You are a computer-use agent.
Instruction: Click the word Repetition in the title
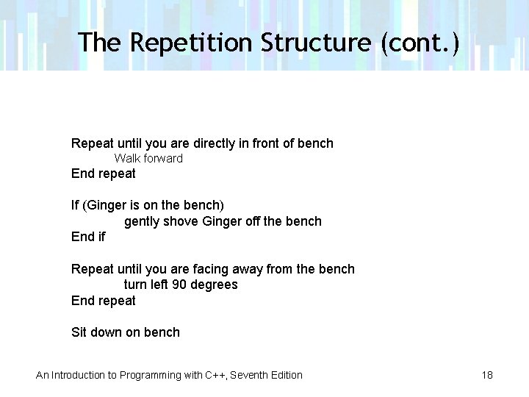click(191, 43)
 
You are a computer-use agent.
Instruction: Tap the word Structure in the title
click(317, 43)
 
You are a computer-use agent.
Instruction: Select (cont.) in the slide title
click(420, 43)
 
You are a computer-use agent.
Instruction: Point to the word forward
click(163, 158)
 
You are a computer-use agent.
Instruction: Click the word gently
click(142, 221)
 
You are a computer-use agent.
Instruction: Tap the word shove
click(181, 221)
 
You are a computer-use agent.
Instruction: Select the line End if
click(88, 237)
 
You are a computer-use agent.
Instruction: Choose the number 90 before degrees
click(179, 285)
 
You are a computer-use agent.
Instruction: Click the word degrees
click(215, 285)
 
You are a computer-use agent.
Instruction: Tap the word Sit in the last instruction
click(79, 332)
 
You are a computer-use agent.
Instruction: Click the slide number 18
click(487, 375)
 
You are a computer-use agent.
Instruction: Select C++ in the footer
click(216, 375)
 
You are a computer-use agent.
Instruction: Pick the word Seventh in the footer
click(249, 375)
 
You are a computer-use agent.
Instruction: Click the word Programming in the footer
click(151, 375)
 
